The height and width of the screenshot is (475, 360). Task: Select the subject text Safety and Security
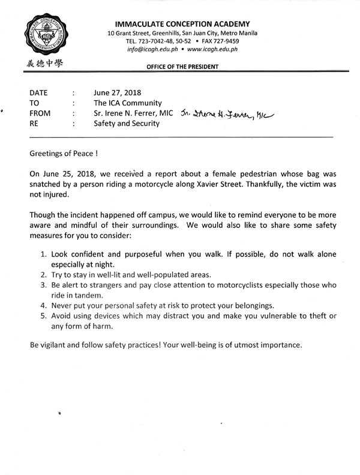pos(126,124)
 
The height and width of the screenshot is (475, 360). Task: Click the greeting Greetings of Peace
pos(62,154)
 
